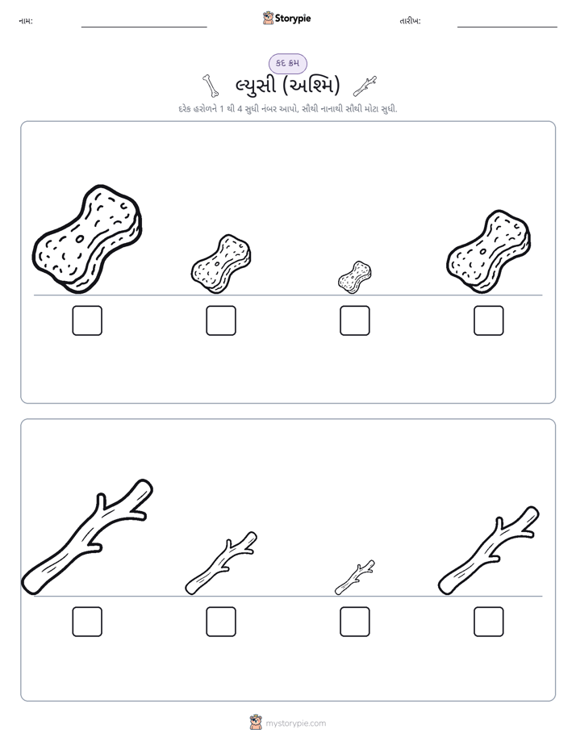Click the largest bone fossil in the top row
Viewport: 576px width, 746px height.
pos(87,239)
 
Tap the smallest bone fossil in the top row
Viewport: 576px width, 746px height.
pos(354,277)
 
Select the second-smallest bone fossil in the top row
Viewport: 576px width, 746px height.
pos(221,264)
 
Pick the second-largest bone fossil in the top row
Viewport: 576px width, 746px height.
pos(489,251)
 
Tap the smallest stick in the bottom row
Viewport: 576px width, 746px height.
pos(354,578)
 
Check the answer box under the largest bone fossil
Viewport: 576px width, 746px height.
pos(87,321)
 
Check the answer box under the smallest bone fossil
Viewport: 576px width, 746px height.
pos(355,321)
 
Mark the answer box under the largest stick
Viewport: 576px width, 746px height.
pos(87,622)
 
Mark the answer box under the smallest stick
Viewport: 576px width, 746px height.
pos(355,622)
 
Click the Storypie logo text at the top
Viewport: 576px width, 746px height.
pos(293,19)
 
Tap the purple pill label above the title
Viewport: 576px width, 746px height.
pos(287,63)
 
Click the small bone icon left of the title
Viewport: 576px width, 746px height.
pos(210,86)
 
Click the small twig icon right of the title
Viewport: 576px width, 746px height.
pos(365,86)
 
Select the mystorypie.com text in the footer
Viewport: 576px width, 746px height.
pos(295,723)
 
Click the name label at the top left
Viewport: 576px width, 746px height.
pos(26,21)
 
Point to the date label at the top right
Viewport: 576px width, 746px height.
pos(410,21)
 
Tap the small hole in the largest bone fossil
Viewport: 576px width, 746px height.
pos(80,238)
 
